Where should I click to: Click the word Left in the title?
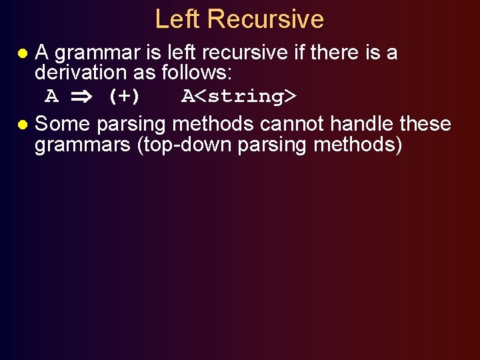pyautogui.click(x=178, y=19)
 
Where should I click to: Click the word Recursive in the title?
pyautogui.click(x=265, y=19)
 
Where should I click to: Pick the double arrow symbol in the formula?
pyautogui.click(x=82, y=97)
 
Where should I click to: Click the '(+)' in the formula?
pyautogui.click(x=124, y=97)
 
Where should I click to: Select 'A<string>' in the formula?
pyautogui.click(x=239, y=97)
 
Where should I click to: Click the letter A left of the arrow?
pyautogui.click(x=51, y=97)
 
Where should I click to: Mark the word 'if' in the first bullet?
pyautogui.click(x=291, y=52)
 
